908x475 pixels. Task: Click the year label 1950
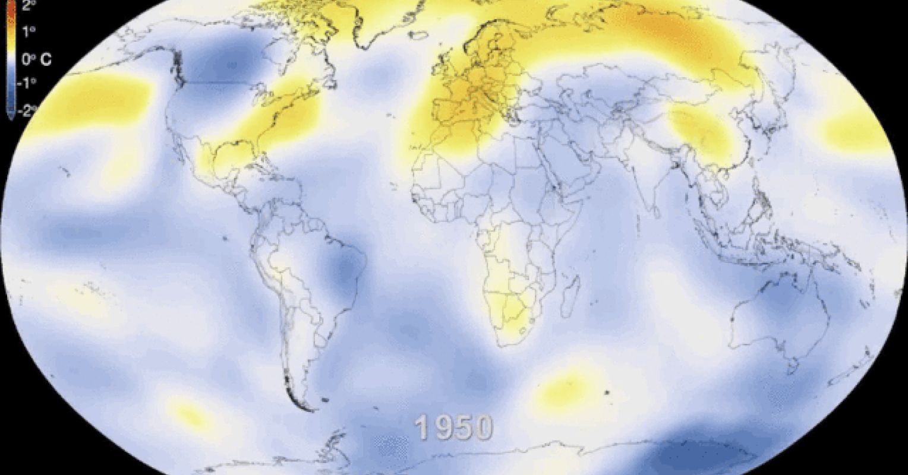click(x=454, y=427)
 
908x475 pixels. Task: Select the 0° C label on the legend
click(x=36, y=59)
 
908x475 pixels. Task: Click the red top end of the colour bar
click(x=9, y=7)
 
